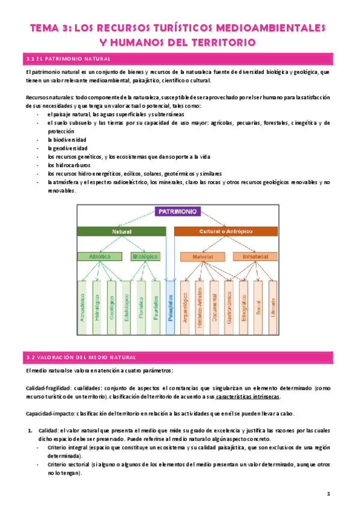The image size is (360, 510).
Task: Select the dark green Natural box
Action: coord(121,231)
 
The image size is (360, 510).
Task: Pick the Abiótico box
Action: coord(94,257)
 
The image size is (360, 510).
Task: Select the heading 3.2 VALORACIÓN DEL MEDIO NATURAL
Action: coord(82,357)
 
